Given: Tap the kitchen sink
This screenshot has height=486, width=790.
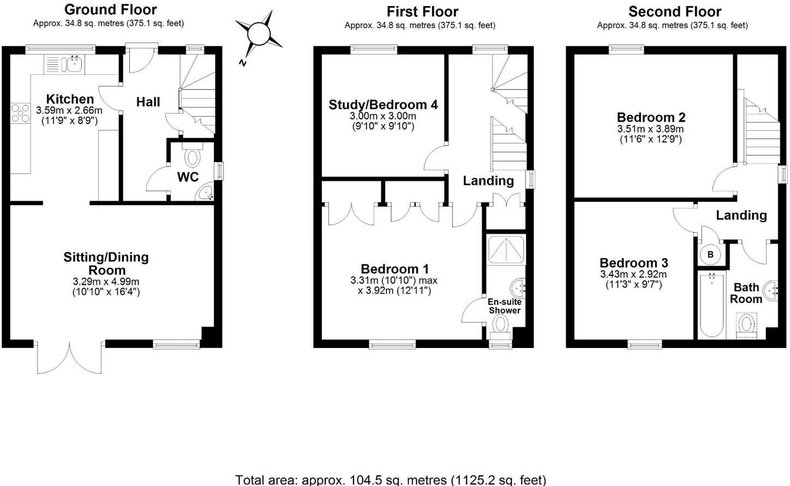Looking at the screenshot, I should [72, 64].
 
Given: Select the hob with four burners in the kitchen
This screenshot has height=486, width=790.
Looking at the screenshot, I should [21, 113].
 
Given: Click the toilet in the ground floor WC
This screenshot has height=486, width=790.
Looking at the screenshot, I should [192, 158].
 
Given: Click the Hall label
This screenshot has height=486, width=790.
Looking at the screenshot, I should [148, 102].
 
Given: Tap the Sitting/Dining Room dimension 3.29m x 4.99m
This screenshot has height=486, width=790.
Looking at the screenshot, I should [106, 281].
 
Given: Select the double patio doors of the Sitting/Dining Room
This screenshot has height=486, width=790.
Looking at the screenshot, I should [70, 357].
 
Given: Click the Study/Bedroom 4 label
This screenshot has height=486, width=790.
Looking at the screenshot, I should [383, 105].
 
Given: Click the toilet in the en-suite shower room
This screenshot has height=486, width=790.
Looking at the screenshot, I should [500, 325].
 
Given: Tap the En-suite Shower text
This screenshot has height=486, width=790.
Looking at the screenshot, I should [504, 306].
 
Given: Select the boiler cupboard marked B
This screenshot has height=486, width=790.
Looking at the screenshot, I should [710, 254].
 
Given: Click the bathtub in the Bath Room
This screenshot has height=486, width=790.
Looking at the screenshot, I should [711, 305].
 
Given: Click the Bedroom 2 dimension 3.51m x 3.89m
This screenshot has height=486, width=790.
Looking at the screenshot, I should [650, 129].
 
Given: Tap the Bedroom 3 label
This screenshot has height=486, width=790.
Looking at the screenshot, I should [633, 263].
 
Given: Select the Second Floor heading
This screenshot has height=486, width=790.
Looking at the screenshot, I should [674, 11].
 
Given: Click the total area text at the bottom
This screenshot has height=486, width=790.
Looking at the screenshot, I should [390, 479].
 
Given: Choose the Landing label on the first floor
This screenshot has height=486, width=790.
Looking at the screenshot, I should [488, 181].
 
